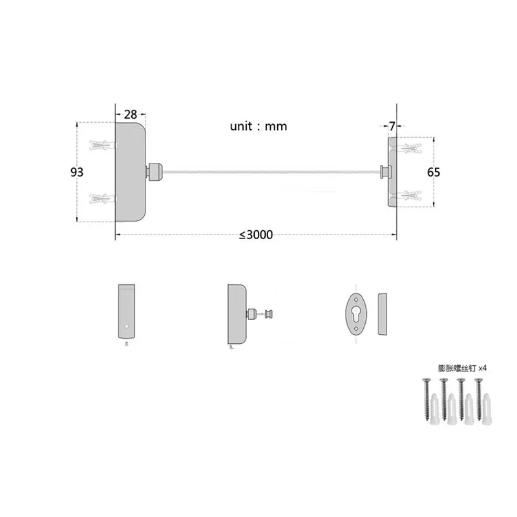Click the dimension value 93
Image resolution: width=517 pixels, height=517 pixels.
click(77, 172)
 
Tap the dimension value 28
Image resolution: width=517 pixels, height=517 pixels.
click(131, 114)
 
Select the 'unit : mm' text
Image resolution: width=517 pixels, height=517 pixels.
click(258, 126)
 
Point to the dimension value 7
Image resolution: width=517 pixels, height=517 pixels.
click(392, 126)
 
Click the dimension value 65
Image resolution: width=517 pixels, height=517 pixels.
click(433, 172)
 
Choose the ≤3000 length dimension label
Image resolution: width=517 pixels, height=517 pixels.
click(256, 235)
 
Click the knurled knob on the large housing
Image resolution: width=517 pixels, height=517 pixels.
click(154, 171)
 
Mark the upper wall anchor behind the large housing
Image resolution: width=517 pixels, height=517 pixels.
click(103, 145)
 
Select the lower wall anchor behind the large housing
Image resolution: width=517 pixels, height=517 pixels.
click(103, 198)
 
